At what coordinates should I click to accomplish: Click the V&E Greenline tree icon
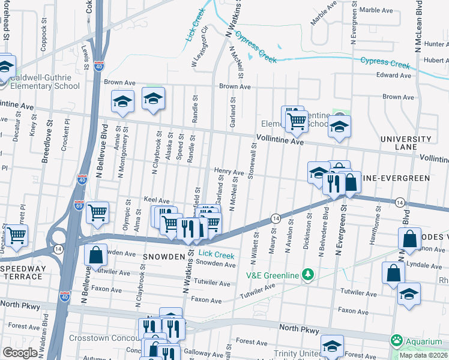[x=308, y=275]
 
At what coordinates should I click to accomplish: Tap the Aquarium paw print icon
[x=396, y=341]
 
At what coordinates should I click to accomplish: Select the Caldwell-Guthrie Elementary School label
[x=40, y=82]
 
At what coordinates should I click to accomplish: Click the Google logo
[x=19, y=353]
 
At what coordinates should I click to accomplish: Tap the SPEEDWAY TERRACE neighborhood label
[x=22, y=272]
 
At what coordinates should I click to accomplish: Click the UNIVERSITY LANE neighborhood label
[x=406, y=143]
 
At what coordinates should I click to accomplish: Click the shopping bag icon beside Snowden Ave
[x=96, y=254]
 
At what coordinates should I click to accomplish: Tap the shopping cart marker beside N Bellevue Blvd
[x=97, y=212]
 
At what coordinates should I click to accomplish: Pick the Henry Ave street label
[x=229, y=172]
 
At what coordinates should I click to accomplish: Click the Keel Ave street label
[x=157, y=200]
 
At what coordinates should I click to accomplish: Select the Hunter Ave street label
[x=436, y=44]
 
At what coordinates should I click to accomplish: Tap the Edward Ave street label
[x=393, y=76]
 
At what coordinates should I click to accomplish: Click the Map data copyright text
[x=423, y=355]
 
